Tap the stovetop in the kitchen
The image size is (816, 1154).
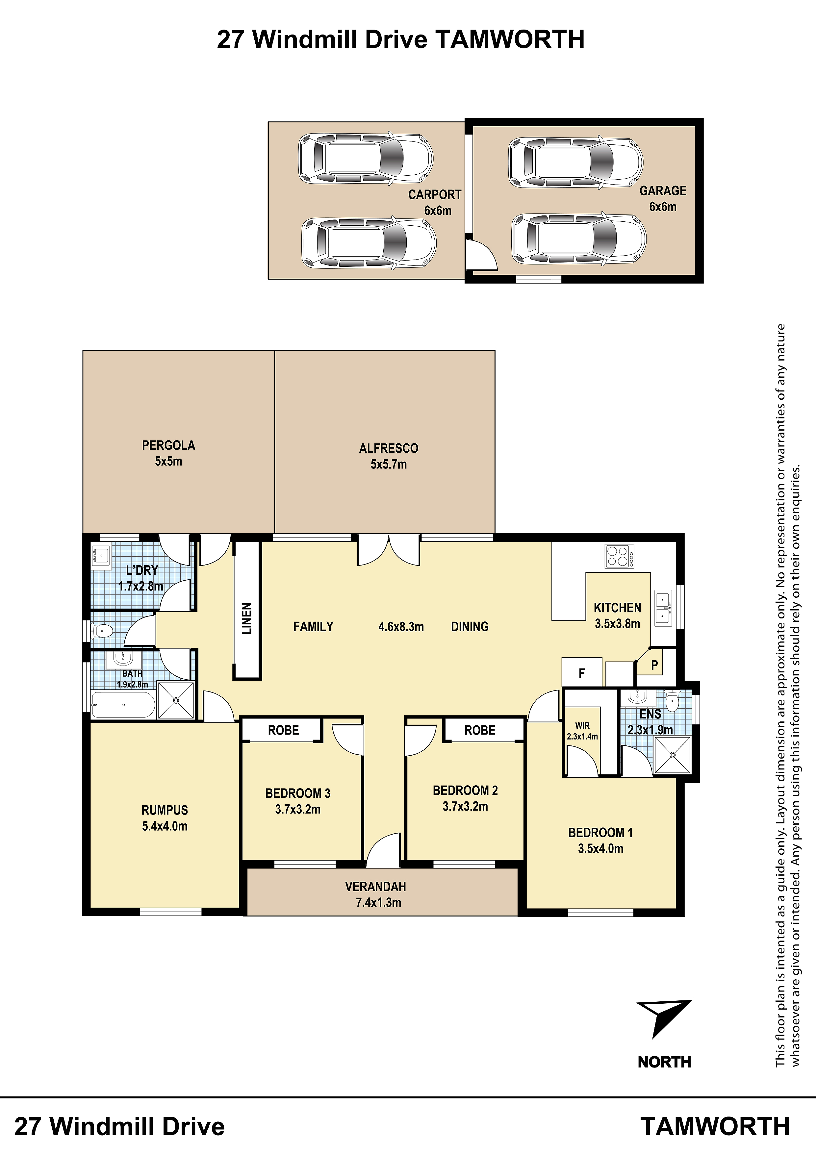pyautogui.click(x=620, y=556)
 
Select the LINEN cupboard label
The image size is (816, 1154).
pyautogui.click(x=246, y=619)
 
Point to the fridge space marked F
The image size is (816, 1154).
pyautogui.click(x=582, y=673)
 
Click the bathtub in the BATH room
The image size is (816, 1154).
pyautogui.click(x=123, y=705)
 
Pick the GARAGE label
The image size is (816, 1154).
pyautogui.click(x=663, y=191)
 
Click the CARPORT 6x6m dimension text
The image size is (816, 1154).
pyautogui.click(x=437, y=211)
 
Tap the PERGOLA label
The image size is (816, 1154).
pyautogui.click(x=168, y=445)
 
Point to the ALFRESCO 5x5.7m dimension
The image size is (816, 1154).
pyautogui.click(x=389, y=464)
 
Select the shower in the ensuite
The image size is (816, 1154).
pyautogui.click(x=673, y=755)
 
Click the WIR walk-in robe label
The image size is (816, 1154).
pyautogui.click(x=582, y=726)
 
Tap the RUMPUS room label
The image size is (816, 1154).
pyautogui.click(x=165, y=810)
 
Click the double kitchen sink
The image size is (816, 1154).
pyautogui.click(x=664, y=608)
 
